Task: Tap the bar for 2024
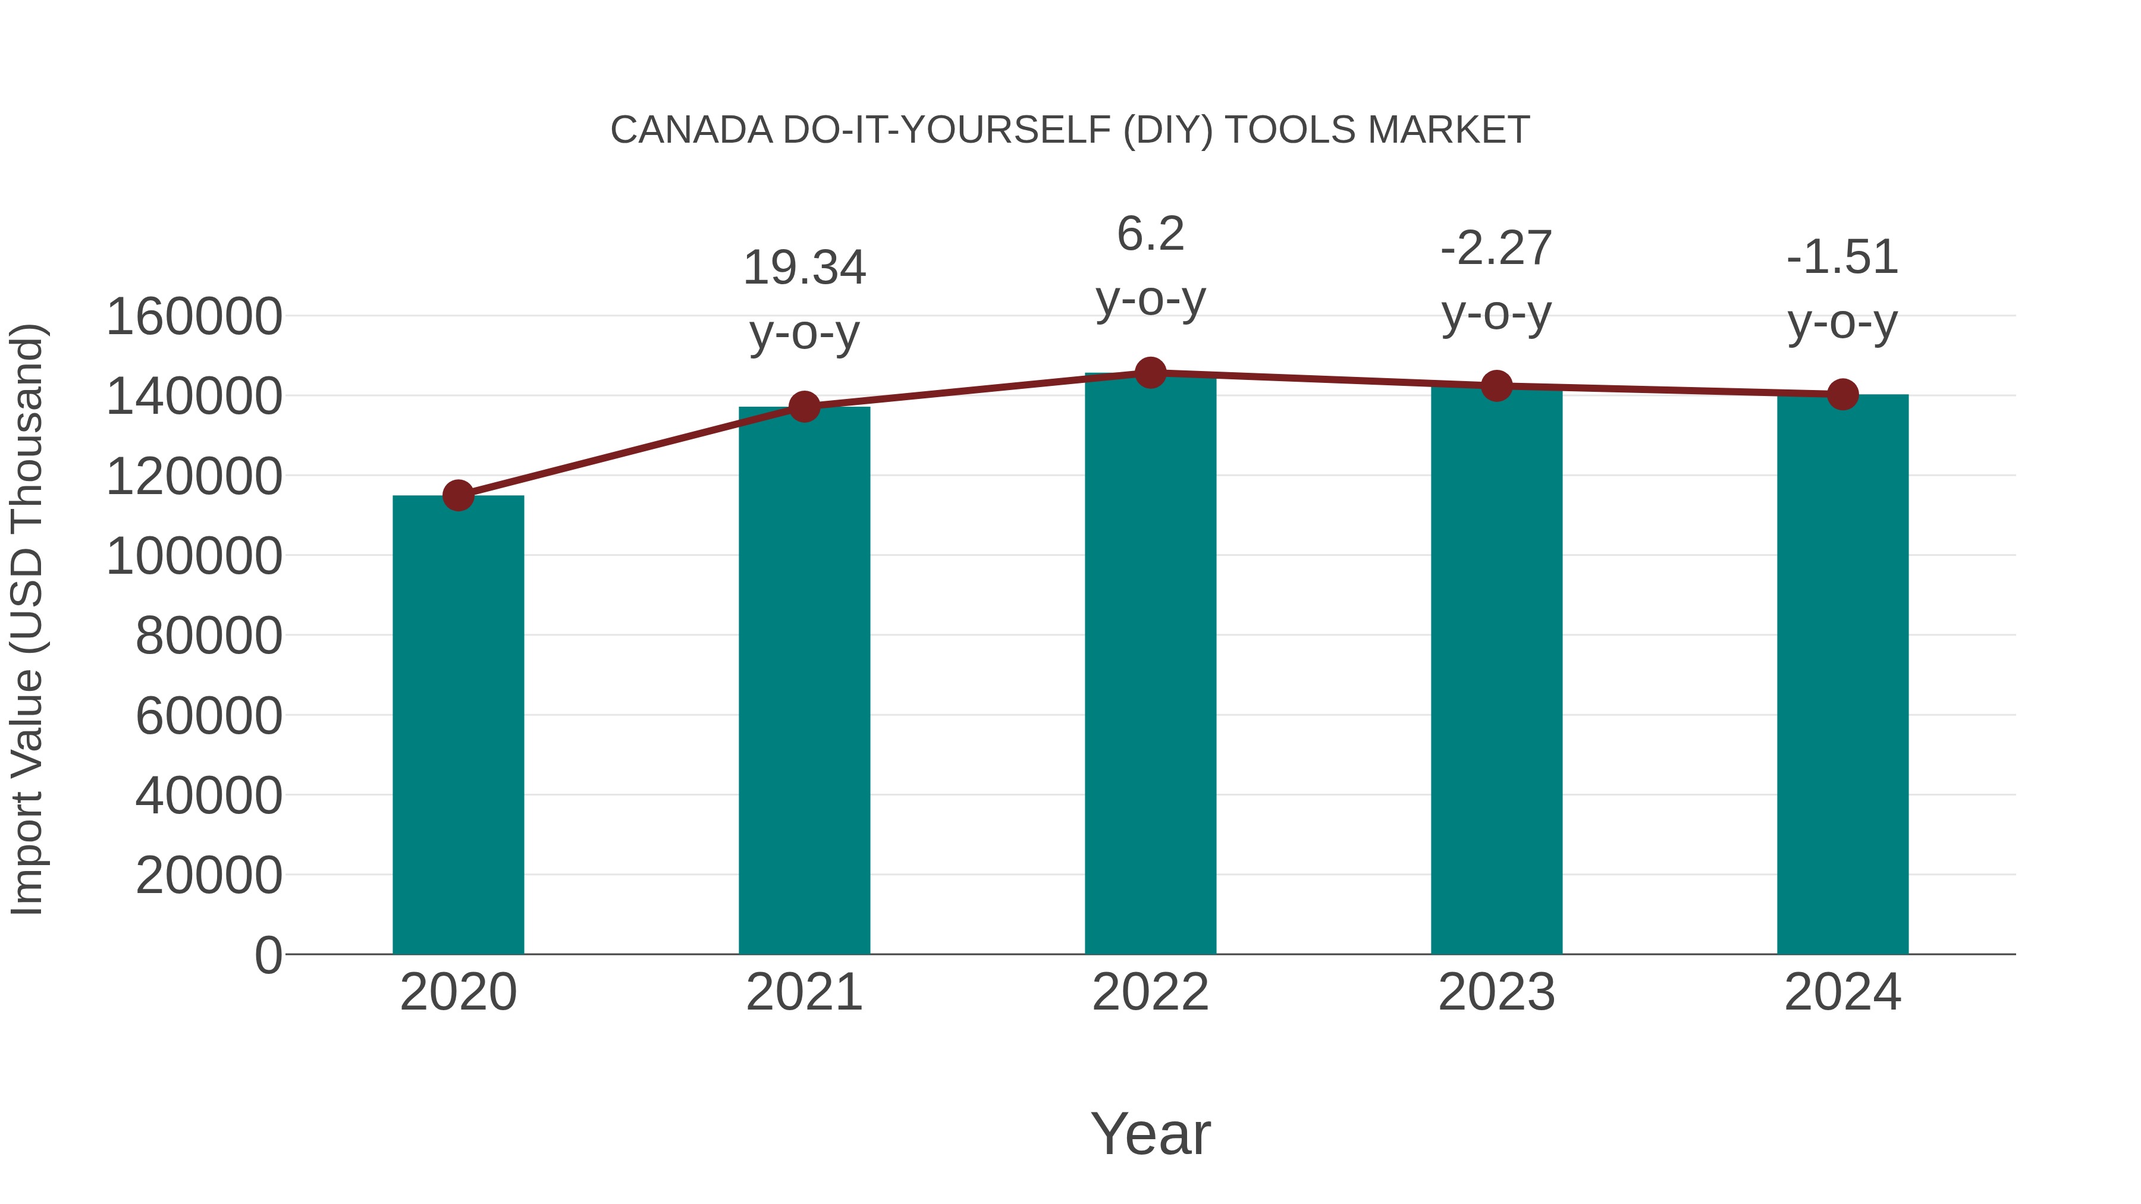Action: point(1842,674)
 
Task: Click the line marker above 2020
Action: point(458,495)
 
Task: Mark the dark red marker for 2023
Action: point(1496,385)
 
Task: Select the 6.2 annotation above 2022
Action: point(1150,234)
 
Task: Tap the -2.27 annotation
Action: point(1496,249)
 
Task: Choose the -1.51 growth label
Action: point(1842,257)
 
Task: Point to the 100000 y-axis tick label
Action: point(194,556)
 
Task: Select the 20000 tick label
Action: point(209,875)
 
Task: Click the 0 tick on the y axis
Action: point(268,955)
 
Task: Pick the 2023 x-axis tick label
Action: point(1496,992)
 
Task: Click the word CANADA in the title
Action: point(692,130)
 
